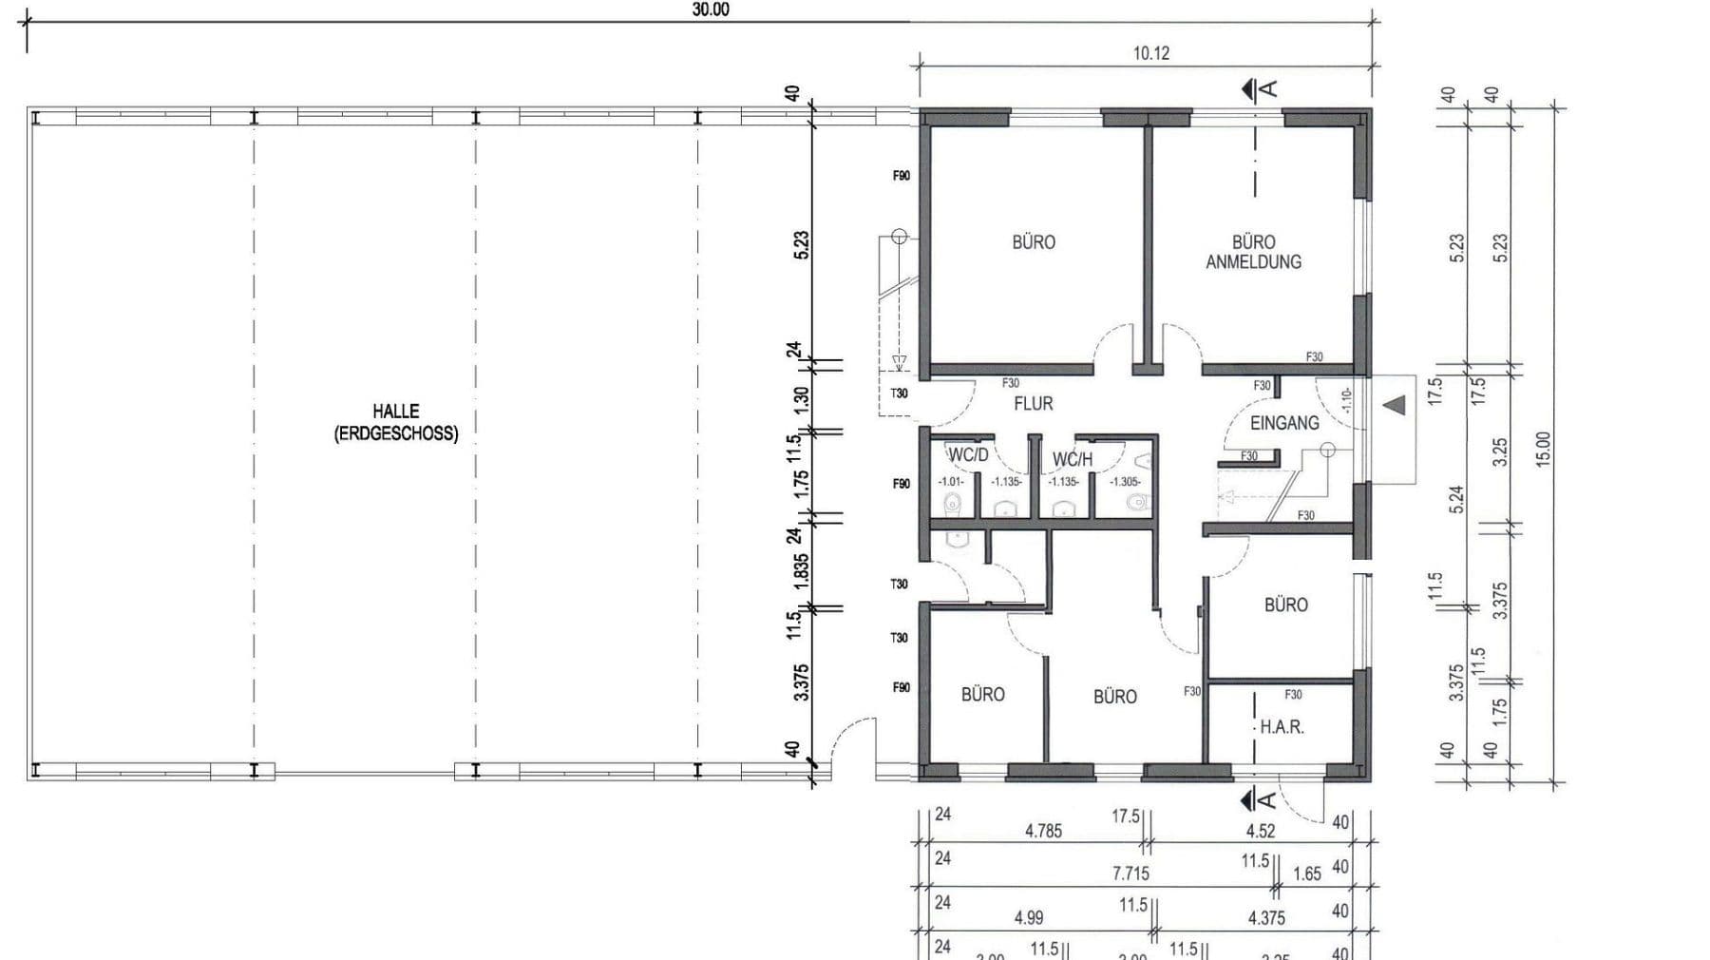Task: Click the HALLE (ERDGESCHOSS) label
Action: point(396,423)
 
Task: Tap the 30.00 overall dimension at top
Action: point(711,10)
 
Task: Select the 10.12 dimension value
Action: point(1150,53)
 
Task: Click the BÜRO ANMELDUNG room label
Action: point(1253,252)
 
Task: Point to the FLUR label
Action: point(1033,404)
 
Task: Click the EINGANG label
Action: point(1283,423)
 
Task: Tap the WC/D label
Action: point(968,455)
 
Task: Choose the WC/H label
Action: point(1073,460)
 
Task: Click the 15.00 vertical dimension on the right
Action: point(1543,449)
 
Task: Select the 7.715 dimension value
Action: point(1130,874)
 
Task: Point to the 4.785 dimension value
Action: point(1043,831)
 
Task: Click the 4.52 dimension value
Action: point(1260,831)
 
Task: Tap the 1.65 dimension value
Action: point(1307,874)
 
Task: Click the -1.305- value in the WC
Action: point(1125,482)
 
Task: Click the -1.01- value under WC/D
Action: point(950,482)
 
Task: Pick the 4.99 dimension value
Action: point(1028,917)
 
